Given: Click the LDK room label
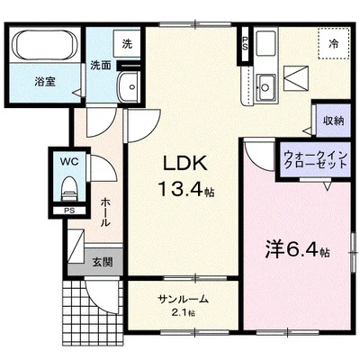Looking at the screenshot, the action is [x=184, y=164].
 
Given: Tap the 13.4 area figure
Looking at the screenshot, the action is [x=181, y=189].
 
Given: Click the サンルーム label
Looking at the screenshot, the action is [x=183, y=299].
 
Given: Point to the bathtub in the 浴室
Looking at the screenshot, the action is [x=44, y=45].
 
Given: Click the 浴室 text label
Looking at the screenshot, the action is [x=45, y=82].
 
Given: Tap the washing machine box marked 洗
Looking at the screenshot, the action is [x=127, y=44].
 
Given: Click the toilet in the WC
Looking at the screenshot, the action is [x=69, y=188].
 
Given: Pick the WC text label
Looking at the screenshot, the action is [x=69, y=162].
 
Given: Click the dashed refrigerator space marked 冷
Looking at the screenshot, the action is [x=334, y=44].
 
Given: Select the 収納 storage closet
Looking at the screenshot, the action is [x=333, y=121].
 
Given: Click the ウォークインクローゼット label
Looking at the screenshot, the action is [x=315, y=160].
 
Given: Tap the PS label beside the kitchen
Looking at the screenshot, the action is [x=245, y=43].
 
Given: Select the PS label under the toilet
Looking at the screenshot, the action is [x=69, y=211].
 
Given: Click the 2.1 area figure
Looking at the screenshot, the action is [x=183, y=313].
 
